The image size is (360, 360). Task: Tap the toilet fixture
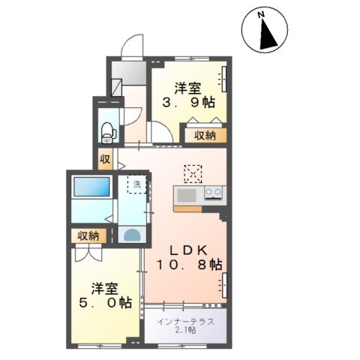coord(108,128)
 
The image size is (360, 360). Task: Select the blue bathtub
coord(90,188)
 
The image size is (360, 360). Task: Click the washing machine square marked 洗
coord(137,184)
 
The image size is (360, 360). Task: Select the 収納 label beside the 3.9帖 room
coord(205,136)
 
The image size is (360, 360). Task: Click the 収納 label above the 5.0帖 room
coord(88,235)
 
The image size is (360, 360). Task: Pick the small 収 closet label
coord(105,160)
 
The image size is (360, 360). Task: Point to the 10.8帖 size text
coord(189,265)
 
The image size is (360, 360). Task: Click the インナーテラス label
coord(187,322)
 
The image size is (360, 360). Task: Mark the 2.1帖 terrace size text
coord(187,331)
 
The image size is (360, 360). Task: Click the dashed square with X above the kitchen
coord(192,173)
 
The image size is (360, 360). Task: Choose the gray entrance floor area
coord(128,74)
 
